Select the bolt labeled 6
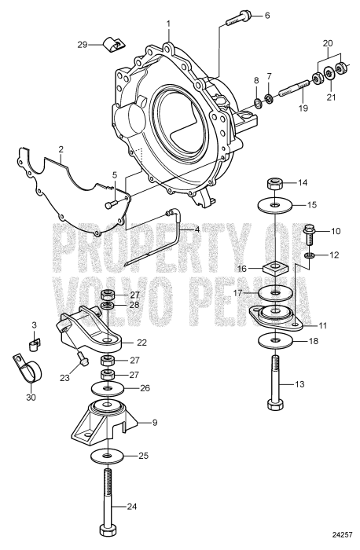(234, 19)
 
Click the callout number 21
(331, 97)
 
